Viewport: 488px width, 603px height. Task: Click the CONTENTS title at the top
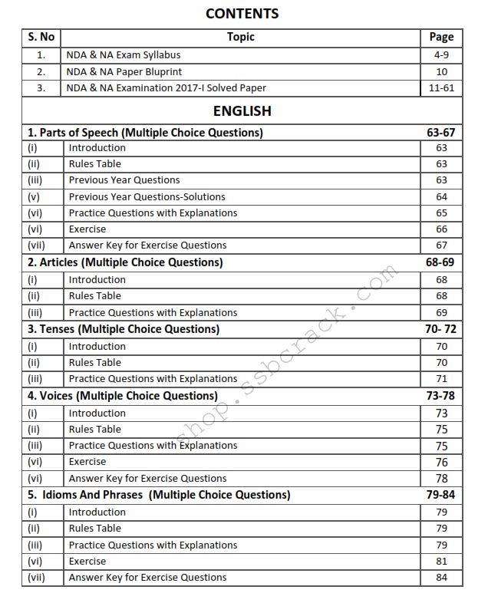point(242,14)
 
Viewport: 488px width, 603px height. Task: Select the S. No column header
point(41,37)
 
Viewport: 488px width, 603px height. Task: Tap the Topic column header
point(240,37)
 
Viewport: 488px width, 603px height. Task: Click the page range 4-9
point(441,55)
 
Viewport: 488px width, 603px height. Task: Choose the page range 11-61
point(441,88)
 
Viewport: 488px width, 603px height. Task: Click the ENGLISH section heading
point(242,110)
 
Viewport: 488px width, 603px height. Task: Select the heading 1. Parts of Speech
point(145,132)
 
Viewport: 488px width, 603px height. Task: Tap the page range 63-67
point(441,132)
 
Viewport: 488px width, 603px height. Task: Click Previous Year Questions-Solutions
point(147,196)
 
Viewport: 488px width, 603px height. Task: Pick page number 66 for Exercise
point(441,229)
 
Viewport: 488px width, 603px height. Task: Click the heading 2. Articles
point(125,262)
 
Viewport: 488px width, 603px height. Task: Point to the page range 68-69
point(441,262)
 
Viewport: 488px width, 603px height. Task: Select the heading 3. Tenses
point(124,329)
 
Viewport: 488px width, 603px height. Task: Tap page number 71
point(441,379)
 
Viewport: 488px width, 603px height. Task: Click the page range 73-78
point(441,396)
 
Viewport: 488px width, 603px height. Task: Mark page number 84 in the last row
point(441,578)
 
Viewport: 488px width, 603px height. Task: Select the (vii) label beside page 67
point(37,245)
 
